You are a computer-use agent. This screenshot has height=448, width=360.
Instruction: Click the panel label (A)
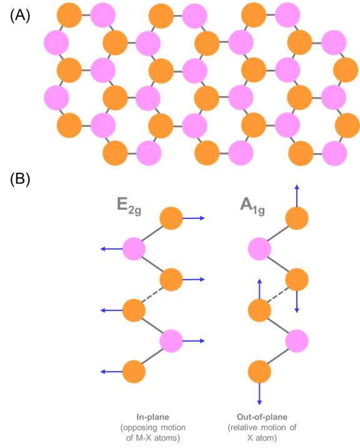pyautogui.click(x=20, y=15)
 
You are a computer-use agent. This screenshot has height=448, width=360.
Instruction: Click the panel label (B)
pyautogui.click(x=20, y=180)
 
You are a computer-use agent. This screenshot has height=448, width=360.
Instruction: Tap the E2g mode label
pyautogui.click(x=129, y=206)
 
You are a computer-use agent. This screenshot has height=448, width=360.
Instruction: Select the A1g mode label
pyautogui.click(x=252, y=206)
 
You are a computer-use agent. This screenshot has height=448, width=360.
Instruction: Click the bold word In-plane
pyautogui.click(x=153, y=417)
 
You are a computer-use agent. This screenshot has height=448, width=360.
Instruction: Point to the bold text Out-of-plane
pyautogui.click(x=262, y=417)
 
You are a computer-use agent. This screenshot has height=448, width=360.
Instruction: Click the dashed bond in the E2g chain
pyautogui.click(x=153, y=295)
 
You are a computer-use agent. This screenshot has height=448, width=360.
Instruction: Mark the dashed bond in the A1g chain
pyautogui.click(x=277, y=295)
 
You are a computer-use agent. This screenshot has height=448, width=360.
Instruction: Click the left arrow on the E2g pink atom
pyautogui.click(x=111, y=249)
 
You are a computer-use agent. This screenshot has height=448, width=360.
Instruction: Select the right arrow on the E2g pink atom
pyautogui.click(x=193, y=341)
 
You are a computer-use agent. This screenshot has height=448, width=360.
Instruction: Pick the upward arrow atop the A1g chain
pyautogui.click(x=297, y=196)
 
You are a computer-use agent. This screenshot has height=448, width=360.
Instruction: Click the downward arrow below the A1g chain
pyautogui.click(x=259, y=394)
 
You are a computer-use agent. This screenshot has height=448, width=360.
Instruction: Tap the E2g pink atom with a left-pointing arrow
pyautogui.click(x=134, y=249)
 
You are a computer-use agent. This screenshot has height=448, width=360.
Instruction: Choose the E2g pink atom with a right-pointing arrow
pyautogui.click(x=171, y=341)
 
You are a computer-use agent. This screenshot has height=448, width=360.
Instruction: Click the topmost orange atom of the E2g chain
pyautogui.click(x=171, y=218)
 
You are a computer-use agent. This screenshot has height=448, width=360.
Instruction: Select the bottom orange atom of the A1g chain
pyautogui.click(x=259, y=372)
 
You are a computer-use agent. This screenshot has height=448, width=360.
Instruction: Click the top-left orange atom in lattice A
pyautogui.click(x=69, y=15)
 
